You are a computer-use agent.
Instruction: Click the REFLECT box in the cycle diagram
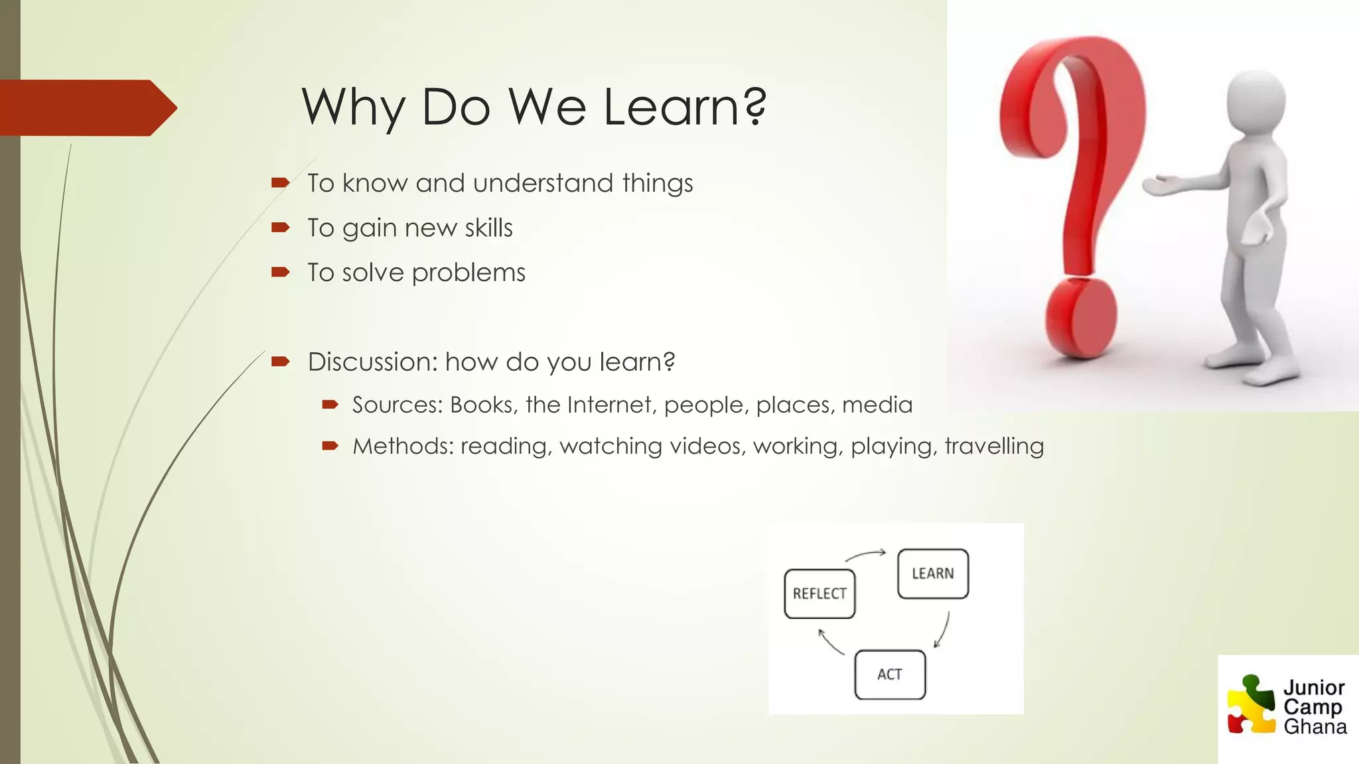(x=820, y=594)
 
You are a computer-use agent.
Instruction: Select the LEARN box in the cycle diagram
(x=932, y=574)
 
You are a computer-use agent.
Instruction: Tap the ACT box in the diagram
(x=890, y=674)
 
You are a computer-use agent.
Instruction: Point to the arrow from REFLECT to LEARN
(x=865, y=554)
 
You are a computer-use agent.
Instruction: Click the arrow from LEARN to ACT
(x=943, y=629)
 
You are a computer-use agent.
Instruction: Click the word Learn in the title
(x=683, y=107)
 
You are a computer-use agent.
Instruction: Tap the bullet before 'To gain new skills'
(x=281, y=227)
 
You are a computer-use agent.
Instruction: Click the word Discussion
(x=372, y=362)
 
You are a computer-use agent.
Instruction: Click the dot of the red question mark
(x=1081, y=318)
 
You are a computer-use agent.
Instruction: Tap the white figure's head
(x=1256, y=103)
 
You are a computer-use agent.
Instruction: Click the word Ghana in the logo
(x=1315, y=727)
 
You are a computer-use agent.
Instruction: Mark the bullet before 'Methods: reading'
(x=330, y=446)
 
